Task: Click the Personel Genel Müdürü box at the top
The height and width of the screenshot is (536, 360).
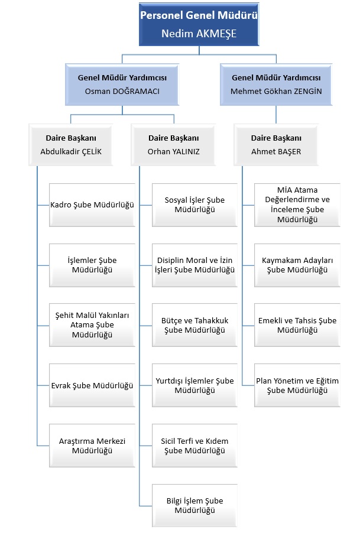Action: click(199, 24)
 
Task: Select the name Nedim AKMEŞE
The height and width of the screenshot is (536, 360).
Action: click(199, 34)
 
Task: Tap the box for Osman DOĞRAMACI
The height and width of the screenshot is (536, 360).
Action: click(122, 85)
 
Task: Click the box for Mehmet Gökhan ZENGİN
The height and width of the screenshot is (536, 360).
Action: click(276, 85)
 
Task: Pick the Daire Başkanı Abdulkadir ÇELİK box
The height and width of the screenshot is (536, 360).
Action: click(71, 145)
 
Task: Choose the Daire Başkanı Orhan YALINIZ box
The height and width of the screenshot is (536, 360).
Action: click(173, 145)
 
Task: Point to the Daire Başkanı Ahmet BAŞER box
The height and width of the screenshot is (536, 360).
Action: click(276, 145)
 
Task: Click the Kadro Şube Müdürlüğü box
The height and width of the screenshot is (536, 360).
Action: click(92, 205)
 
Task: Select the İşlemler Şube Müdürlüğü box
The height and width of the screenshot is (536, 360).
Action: click(92, 265)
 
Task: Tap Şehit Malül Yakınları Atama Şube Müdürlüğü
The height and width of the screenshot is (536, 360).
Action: click(92, 325)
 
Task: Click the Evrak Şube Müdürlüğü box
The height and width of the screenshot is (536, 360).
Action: click(92, 385)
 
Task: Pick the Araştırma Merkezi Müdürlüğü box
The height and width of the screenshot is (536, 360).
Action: click(92, 446)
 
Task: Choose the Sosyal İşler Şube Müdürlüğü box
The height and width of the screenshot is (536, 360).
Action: click(194, 205)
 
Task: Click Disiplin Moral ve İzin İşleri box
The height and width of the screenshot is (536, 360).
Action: click(194, 265)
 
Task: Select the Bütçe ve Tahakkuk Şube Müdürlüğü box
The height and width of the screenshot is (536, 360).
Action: click(194, 325)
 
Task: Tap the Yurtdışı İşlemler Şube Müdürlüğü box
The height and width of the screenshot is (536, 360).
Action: click(194, 385)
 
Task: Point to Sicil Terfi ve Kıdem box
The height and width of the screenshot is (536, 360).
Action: click(194, 446)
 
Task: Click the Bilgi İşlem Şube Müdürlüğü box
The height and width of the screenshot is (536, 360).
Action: click(194, 506)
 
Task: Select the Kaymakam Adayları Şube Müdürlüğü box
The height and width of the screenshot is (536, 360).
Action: click(297, 265)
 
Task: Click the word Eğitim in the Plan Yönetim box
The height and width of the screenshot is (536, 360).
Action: click(327, 381)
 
